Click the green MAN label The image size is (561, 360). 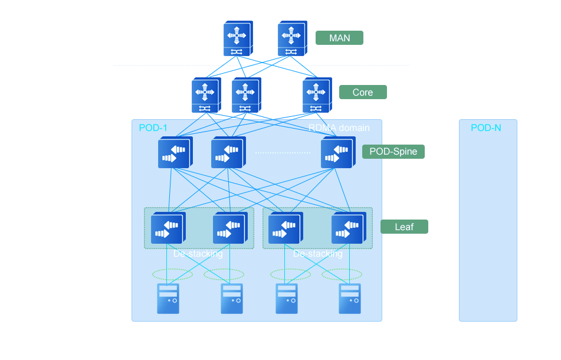click(x=339, y=38)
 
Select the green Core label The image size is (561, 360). click(x=362, y=92)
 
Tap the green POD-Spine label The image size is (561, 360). click(x=393, y=152)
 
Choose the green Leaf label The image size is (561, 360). click(x=404, y=227)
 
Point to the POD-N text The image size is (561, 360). click(x=486, y=128)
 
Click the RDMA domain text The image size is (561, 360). click(x=339, y=128)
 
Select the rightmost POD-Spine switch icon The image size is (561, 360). click(x=337, y=153)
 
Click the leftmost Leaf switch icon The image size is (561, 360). click(x=168, y=228)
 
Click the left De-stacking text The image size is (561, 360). click(x=198, y=254)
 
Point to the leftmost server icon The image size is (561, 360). click(x=168, y=298)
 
